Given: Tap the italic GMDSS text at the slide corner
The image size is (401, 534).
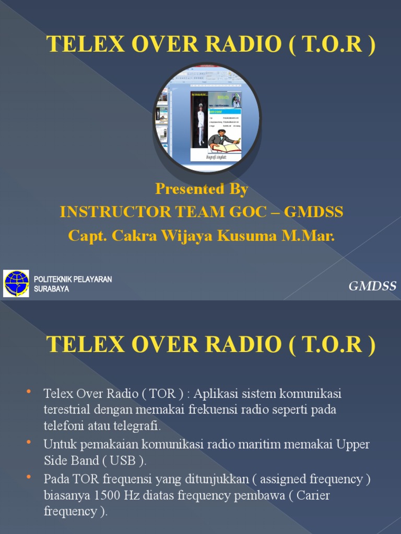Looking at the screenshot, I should pos(372,286).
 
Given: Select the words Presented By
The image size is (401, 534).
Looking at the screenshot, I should pos(202,189).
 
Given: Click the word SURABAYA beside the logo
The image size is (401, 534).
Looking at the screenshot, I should pos(51,288).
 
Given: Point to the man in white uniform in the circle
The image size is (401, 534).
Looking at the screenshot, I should pos(200,124).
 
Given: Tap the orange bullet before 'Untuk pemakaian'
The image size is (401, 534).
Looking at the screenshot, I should pos(28,443).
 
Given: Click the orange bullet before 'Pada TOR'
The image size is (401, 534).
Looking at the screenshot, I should pos(28,477).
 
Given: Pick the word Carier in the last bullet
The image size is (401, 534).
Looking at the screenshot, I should pos(314,495).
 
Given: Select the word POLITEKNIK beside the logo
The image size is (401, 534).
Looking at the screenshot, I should pos(54,280).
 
